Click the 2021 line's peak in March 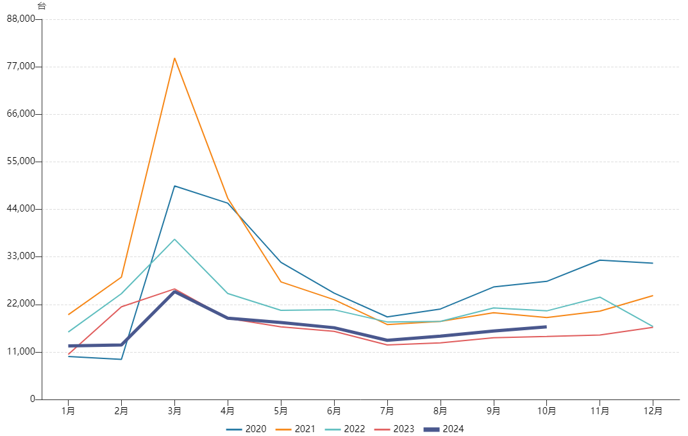(174, 58)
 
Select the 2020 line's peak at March (174, 186)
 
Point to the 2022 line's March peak (174, 239)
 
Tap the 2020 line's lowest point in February (121, 359)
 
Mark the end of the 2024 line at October (546, 327)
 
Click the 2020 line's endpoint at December (653, 263)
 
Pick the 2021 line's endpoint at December (653, 296)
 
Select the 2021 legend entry (296, 429)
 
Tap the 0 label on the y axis (32, 399)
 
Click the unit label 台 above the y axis (42, 6)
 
